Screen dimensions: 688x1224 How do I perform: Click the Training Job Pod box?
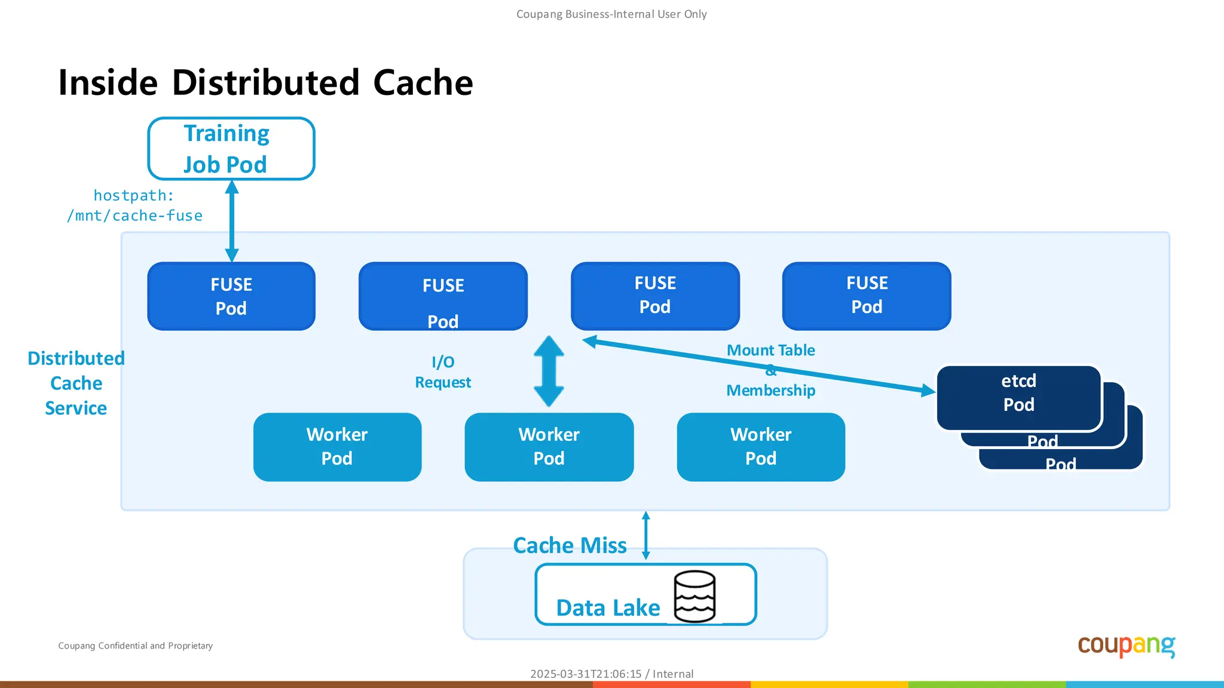231,149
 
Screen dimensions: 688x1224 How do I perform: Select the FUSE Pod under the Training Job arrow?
231,296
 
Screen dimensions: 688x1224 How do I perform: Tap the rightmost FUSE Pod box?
866,296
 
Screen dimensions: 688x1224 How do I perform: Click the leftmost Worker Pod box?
337,447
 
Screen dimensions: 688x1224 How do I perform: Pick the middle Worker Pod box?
549,447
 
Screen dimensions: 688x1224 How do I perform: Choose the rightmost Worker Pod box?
760,447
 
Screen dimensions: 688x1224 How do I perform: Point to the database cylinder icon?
694,596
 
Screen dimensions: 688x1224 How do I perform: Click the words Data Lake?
607,608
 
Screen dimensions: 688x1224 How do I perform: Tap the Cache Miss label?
569,545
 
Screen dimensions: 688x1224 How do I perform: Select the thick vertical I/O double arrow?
549,371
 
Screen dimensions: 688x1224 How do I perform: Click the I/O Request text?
443,372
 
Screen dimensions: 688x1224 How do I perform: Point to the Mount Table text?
770,351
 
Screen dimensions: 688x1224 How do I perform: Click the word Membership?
770,391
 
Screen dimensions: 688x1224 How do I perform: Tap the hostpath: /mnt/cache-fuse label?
134,205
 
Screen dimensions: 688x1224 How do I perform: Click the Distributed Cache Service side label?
76,383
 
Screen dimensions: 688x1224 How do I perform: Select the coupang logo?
1126,646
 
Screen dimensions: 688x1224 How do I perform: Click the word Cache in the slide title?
423,82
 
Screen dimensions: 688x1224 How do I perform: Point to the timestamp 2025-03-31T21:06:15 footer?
585,674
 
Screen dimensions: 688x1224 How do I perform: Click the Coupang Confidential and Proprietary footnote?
135,646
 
